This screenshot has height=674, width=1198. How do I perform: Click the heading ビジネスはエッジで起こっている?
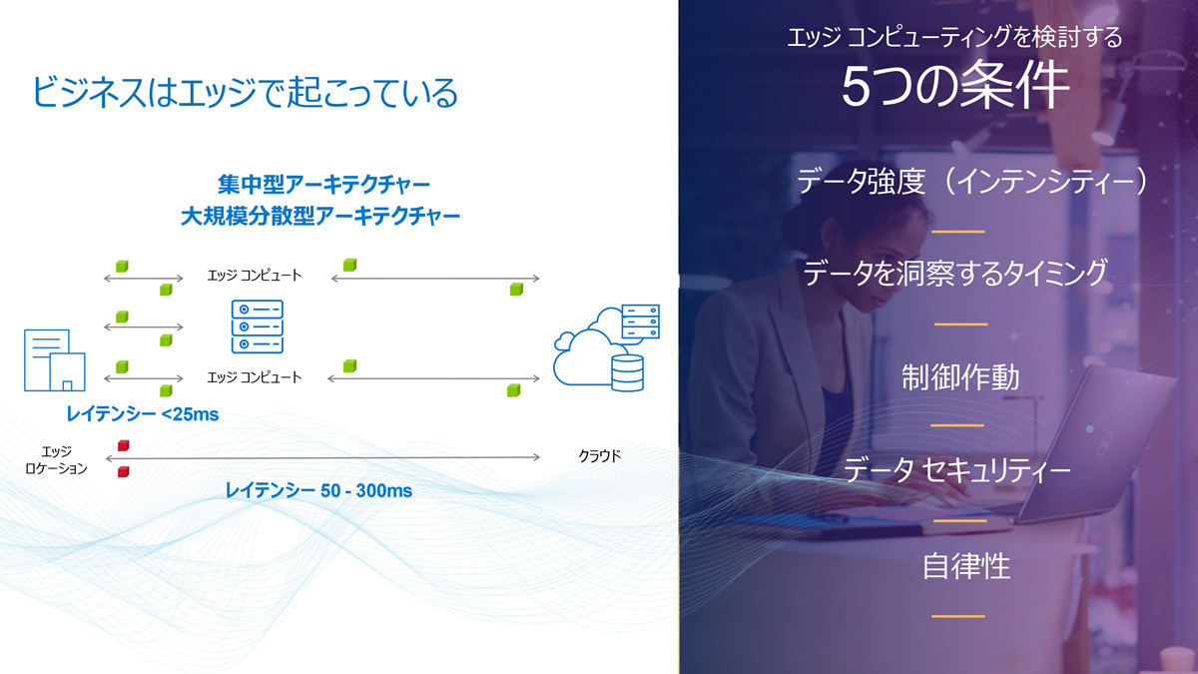pos(245,92)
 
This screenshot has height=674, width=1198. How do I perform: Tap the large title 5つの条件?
pos(955,85)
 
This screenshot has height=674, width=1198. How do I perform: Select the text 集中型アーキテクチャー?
pos(324,185)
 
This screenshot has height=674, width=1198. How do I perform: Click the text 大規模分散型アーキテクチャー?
pos(320,216)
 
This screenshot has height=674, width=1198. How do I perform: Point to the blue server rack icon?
pos(258,327)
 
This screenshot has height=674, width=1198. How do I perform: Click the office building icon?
pos(55,360)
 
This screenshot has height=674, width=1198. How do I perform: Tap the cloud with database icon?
pos(607,347)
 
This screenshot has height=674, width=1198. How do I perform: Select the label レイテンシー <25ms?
pos(142,414)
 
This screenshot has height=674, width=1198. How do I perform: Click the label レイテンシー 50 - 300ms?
pos(318,490)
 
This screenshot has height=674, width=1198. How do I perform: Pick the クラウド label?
pos(600,456)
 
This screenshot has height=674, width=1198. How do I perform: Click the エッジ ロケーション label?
pos(56,460)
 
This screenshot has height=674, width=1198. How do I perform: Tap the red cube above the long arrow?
pos(124,445)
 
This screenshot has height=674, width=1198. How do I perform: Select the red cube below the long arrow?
pos(124,471)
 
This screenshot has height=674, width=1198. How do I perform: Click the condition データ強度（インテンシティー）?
pos(971,181)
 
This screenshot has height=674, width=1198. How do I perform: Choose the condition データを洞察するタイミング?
pos(955,273)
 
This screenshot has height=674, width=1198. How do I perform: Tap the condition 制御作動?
pos(960,377)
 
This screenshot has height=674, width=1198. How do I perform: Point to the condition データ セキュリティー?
pos(957,469)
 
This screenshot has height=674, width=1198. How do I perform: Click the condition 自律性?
pos(966,566)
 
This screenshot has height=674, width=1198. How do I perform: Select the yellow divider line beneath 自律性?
pos(958,616)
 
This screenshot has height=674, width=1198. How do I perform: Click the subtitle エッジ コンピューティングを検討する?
pos(954,37)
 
